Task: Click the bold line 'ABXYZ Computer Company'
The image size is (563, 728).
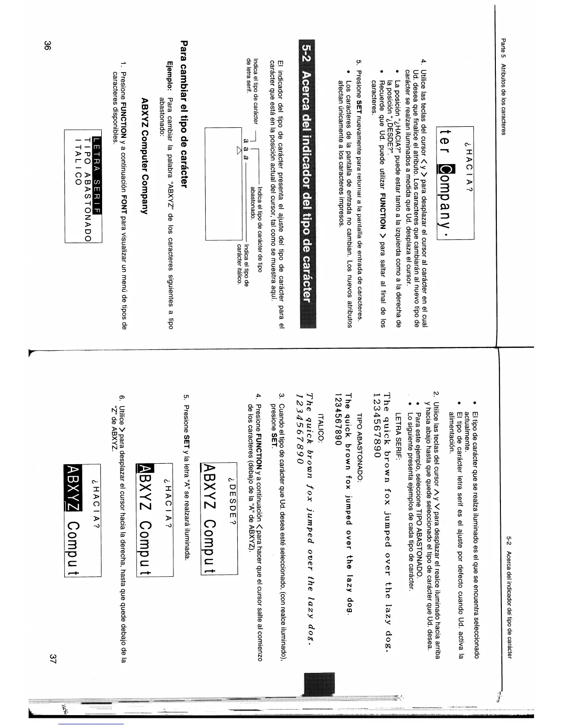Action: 144,156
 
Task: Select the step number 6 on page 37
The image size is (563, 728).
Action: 122,398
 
